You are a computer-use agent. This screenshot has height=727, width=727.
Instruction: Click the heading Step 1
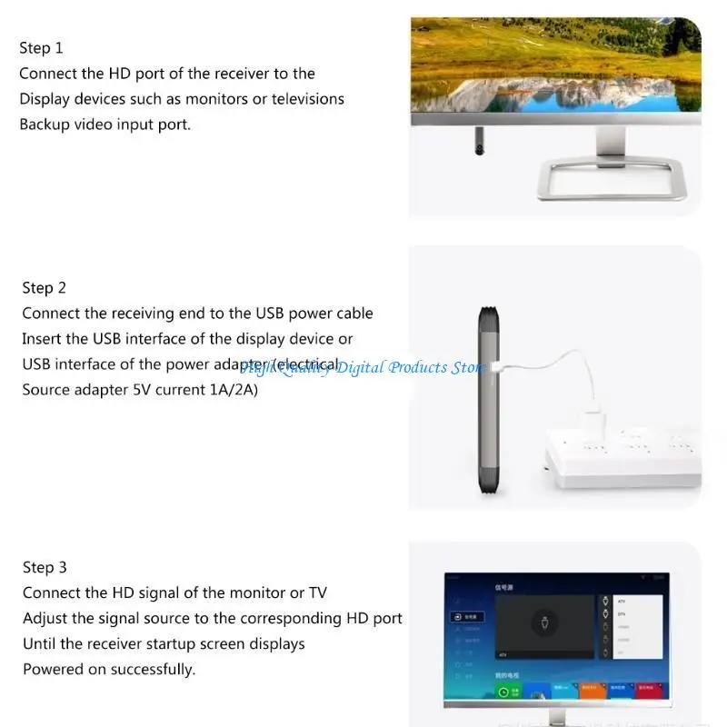pyautogui.click(x=41, y=48)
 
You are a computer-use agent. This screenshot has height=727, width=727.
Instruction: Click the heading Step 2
pyautogui.click(x=44, y=288)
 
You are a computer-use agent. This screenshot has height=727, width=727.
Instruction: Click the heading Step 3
pyautogui.click(x=45, y=568)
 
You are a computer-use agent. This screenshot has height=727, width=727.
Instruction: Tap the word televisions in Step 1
pyautogui.click(x=301, y=99)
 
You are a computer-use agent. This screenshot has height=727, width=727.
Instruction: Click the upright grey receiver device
pyautogui.click(x=488, y=400)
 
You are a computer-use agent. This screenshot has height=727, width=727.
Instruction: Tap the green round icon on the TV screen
pyautogui.click(x=503, y=692)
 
